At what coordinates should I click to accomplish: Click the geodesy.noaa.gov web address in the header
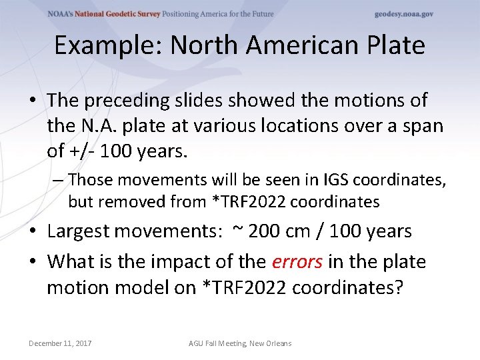(404, 14)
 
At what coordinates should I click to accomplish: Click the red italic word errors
(297, 261)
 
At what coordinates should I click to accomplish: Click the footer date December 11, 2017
(60, 343)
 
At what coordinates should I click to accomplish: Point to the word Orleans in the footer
(278, 343)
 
